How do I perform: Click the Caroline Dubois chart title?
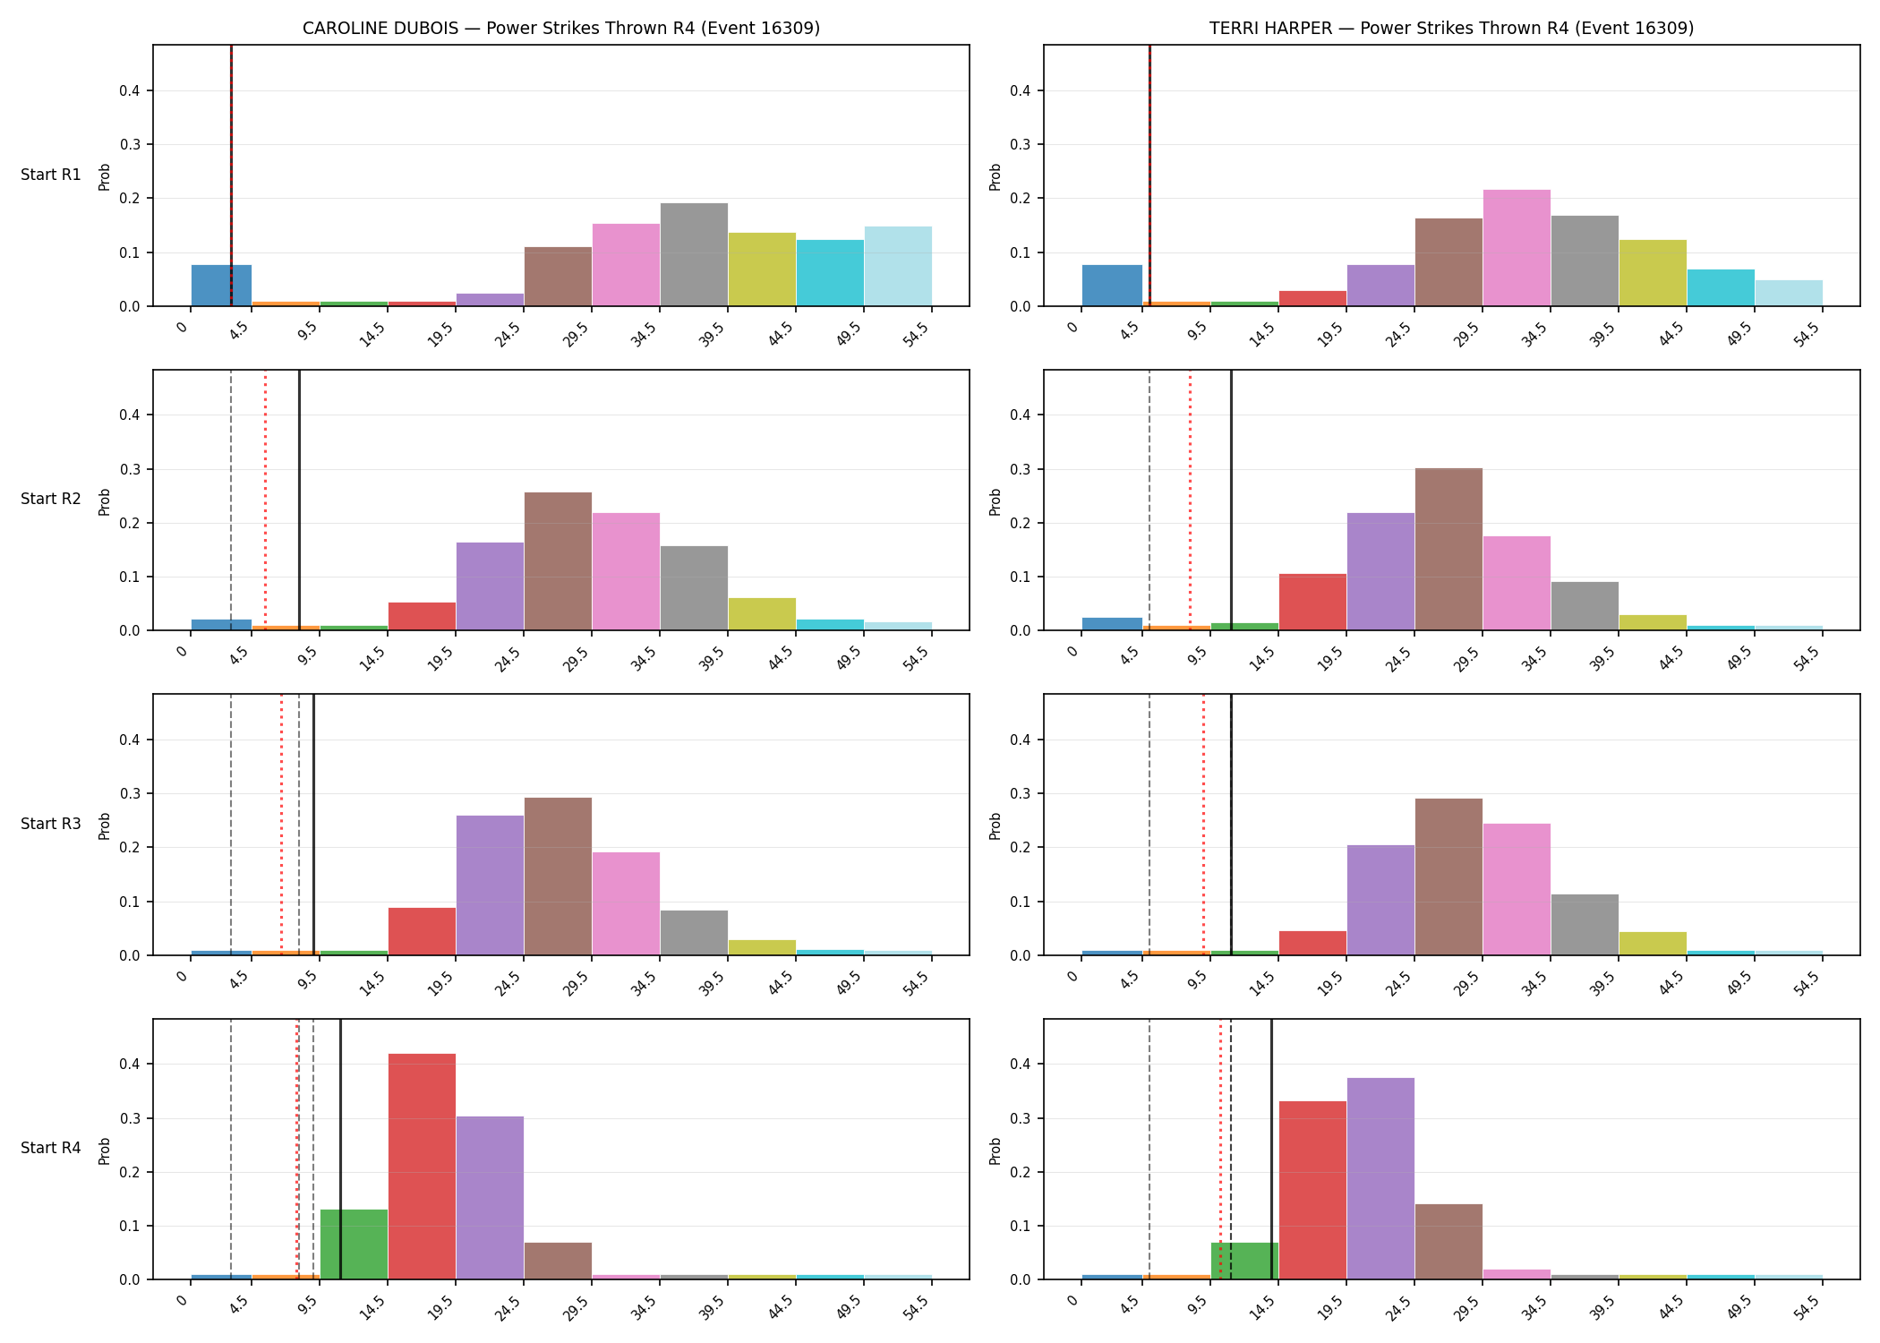[561, 28]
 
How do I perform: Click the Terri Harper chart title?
[1451, 28]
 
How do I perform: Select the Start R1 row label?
[51, 175]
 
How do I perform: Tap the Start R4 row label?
[51, 1148]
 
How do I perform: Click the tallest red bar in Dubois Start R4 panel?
[422, 1167]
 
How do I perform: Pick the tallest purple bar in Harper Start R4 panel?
[1380, 1178]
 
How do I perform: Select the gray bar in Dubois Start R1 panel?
[694, 254]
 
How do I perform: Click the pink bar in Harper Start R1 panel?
[1517, 248]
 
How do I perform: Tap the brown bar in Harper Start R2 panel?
[1448, 549]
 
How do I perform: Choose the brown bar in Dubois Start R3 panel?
[558, 877]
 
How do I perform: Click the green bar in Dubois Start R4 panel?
[354, 1245]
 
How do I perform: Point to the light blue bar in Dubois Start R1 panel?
[898, 266]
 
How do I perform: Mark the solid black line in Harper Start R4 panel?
[1271, 1149]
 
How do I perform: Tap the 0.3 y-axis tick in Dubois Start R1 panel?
[131, 144]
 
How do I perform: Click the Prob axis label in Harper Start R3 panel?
[996, 825]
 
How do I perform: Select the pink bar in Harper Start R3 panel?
[1517, 889]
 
